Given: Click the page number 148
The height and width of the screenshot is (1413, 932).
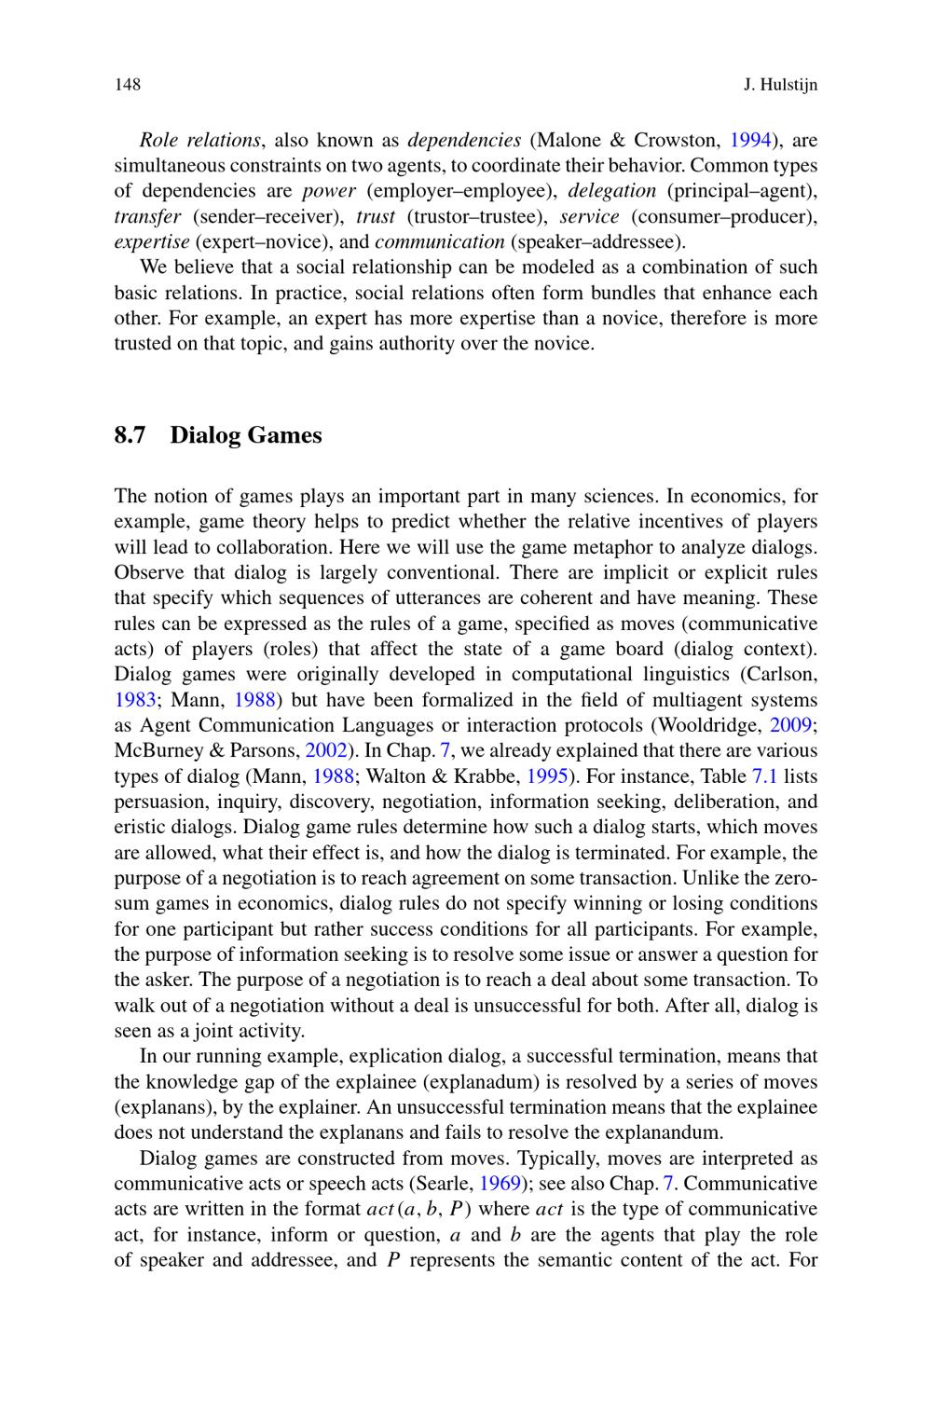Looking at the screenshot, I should [127, 86].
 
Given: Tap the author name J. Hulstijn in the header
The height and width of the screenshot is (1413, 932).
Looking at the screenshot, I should [780, 86].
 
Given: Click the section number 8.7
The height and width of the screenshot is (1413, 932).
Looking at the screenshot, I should [130, 435].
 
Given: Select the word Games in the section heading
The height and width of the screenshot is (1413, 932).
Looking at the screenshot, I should [284, 435].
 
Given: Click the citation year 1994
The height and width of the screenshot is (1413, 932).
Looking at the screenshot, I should [749, 141].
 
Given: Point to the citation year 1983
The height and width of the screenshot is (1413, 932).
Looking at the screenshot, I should [134, 700].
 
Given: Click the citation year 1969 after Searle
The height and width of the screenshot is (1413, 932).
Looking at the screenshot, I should [500, 1184].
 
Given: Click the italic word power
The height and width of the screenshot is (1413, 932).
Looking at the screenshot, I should [329, 191].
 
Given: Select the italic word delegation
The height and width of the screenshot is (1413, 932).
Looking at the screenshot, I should [612, 191].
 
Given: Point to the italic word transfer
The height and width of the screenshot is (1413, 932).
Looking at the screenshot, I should [147, 216].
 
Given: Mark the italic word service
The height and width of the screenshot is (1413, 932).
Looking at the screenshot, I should [589, 216].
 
